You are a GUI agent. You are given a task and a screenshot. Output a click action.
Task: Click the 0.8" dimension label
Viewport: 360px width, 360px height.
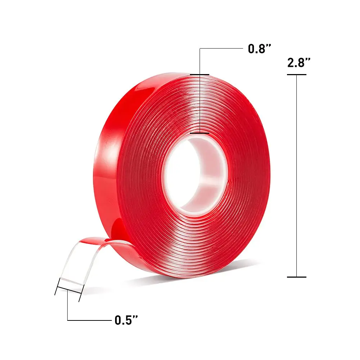tap(259, 49)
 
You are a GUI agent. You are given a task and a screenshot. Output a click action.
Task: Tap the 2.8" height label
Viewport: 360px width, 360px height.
tap(299, 63)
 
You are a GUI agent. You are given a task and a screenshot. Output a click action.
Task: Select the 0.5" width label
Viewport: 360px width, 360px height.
tap(126, 320)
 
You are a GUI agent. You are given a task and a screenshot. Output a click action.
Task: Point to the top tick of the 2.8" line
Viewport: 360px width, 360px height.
tap(296, 74)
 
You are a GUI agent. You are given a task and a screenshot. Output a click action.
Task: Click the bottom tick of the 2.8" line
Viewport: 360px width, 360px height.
tap(296, 277)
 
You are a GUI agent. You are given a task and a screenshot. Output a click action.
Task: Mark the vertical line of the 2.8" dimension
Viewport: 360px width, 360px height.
tap(296, 176)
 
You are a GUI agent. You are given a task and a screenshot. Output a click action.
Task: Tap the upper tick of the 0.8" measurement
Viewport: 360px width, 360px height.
tap(200, 75)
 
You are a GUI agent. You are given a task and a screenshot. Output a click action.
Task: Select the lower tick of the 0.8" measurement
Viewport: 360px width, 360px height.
tap(200, 133)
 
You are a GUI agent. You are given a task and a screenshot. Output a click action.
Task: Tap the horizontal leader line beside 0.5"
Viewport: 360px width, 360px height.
tap(88, 320)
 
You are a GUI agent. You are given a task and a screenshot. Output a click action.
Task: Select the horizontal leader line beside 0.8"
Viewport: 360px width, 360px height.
tap(221, 48)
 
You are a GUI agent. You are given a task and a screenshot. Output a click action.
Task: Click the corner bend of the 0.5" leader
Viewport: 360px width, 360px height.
tap(68, 320)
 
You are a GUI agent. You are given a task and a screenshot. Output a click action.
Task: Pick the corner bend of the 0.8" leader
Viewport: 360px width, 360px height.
tap(200, 48)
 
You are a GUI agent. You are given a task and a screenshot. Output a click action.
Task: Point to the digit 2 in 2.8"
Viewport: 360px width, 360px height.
tap(291, 63)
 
